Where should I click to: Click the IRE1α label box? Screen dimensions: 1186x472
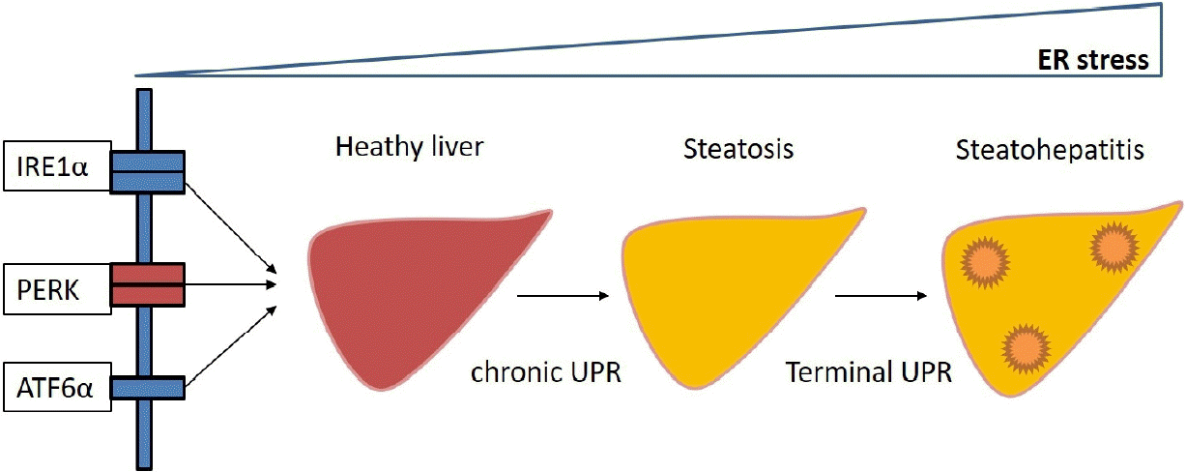click(57, 165)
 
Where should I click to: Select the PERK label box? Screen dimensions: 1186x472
click(57, 289)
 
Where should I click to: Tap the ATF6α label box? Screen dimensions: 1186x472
click(57, 387)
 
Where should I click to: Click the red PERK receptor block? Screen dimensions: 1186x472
click(147, 284)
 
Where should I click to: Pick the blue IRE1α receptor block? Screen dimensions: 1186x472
click(147, 172)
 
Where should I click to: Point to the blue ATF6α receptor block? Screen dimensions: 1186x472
click(147, 388)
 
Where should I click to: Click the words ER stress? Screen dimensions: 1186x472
click(1093, 59)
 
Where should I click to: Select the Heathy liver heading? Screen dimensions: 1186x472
click(409, 147)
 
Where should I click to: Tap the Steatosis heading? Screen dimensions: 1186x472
click(738, 149)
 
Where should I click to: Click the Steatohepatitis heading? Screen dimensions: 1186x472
click(1050, 150)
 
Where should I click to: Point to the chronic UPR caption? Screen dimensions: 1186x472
click(546, 371)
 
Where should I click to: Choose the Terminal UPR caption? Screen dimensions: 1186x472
click(868, 371)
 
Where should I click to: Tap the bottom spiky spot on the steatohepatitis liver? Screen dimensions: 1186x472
click(1026, 348)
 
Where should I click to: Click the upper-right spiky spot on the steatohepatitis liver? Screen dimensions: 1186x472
click(1114, 248)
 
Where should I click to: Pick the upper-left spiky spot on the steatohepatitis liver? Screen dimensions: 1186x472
click(985, 262)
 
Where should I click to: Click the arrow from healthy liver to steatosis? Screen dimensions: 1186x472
click(563, 296)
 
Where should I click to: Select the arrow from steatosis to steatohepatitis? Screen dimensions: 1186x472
click(881, 296)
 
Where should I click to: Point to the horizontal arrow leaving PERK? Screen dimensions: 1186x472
click(230, 284)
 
